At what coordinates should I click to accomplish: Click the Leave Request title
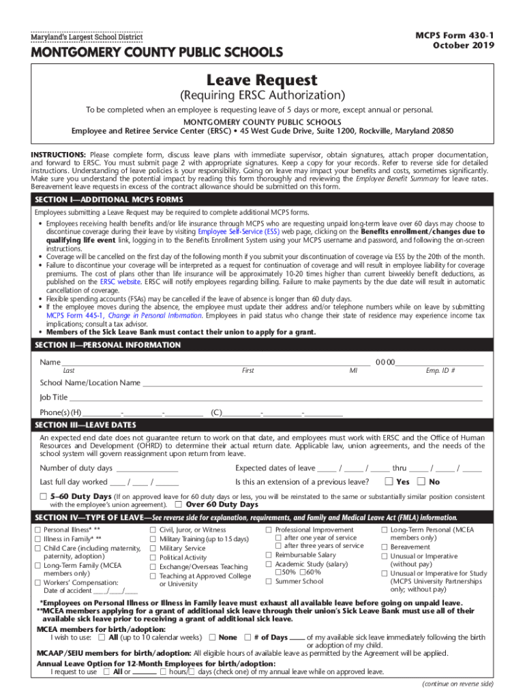262,80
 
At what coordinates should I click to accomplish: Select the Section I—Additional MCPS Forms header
110,199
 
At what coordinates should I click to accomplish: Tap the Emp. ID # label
440,371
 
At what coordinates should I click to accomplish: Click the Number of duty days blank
147,468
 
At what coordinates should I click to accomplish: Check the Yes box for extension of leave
389,482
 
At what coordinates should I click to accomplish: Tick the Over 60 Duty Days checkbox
178,505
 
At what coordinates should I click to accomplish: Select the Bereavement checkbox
385,547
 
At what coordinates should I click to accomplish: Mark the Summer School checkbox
269,581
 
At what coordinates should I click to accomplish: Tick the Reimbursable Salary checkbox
269,555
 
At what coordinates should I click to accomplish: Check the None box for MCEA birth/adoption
212,637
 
